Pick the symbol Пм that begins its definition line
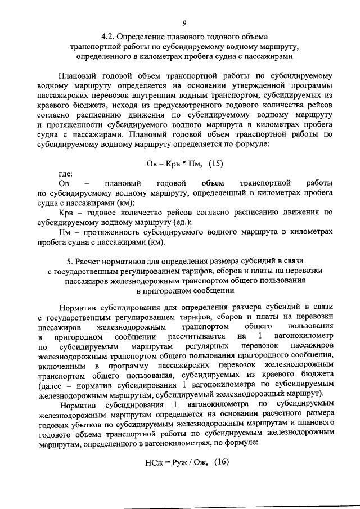point(65,232)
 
